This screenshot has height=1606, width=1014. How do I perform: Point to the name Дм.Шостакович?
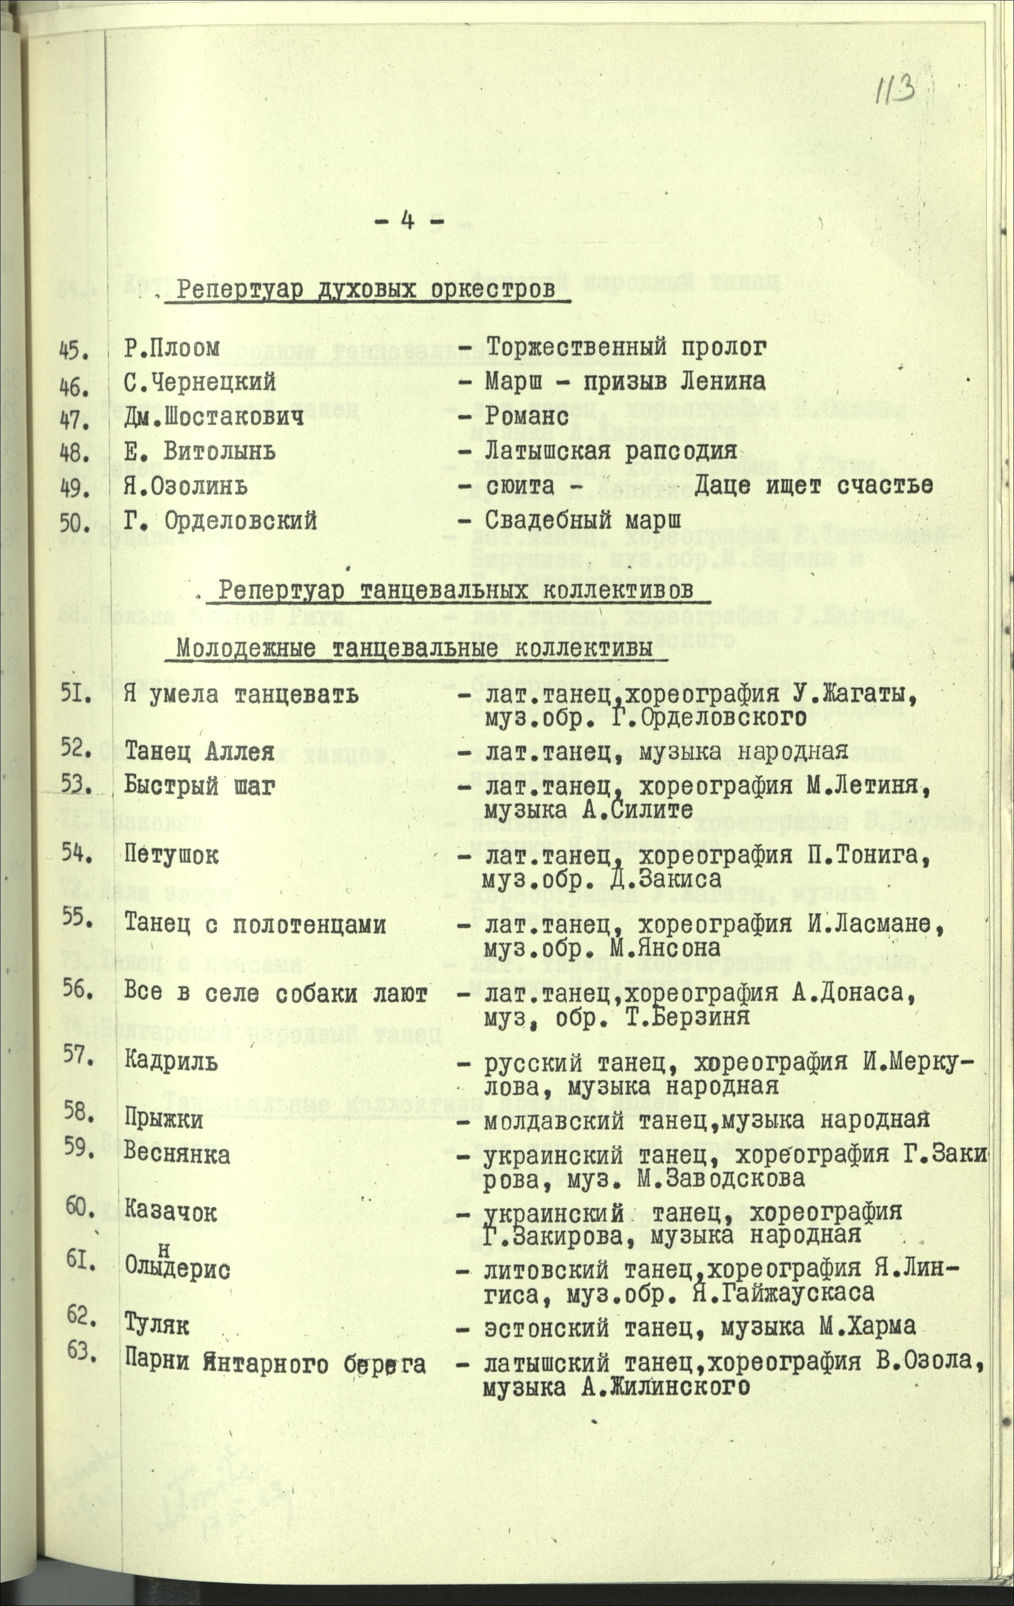tap(213, 418)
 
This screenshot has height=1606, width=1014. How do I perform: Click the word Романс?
tap(528, 418)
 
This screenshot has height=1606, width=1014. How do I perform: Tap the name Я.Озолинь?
tap(186, 486)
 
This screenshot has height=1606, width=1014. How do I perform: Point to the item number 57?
tap(80, 1055)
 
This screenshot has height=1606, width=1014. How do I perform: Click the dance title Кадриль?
tap(171, 1060)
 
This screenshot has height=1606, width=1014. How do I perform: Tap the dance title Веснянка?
tap(178, 1154)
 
